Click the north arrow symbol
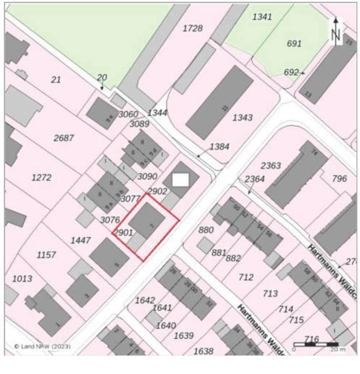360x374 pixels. pyautogui.click(x=336, y=32)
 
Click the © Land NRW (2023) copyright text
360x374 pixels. pyautogui.click(x=43, y=347)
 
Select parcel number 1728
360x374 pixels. pyautogui.click(x=192, y=29)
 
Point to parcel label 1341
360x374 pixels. pyautogui.click(x=262, y=17)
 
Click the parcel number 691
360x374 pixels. pyautogui.click(x=294, y=44)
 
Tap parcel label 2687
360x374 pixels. pyautogui.click(x=64, y=138)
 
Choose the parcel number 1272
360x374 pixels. pyautogui.click(x=41, y=178)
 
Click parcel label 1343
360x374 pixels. pyautogui.click(x=243, y=118)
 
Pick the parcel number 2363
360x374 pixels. pyautogui.click(x=271, y=166)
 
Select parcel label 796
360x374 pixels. pyautogui.click(x=339, y=179)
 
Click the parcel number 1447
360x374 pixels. pyautogui.click(x=81, y=240)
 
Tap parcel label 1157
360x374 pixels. pyautogui.click(x=46, y=255)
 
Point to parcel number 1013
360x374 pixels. pyautogui.click(x=22, y=279)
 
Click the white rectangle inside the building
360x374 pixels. pyautogui.click(x=181, y=180)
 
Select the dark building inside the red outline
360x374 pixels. pyautogui.click(x=146, y=221)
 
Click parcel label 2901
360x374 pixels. pyautogui.click(x=123, y=233)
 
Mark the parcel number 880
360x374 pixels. pyautogui.click(x=206, y=230)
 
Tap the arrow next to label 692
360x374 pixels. pyautogui.click(x=303, y=73)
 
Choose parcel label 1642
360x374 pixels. pyautogui.click(x=145, y=300)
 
